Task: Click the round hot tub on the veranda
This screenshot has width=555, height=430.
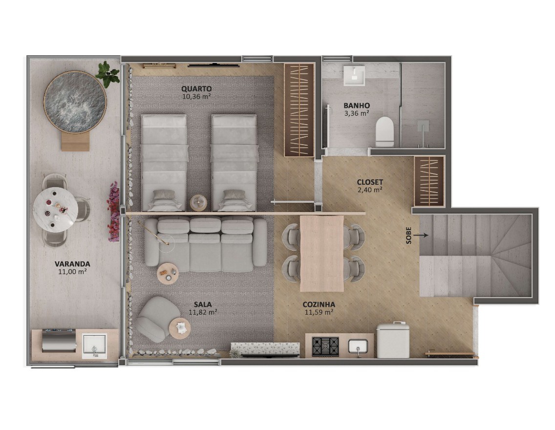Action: pyautogui.click(x=75, y=102)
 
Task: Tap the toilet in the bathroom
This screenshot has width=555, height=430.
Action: pyautogui.click(x=385, y=132)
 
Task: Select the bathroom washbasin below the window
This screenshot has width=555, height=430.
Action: pyautogui.click(x=354, y=75)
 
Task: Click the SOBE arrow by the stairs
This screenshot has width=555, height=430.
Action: pyautogui.click(x=421, y=235)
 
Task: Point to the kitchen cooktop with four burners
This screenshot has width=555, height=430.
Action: pyautogui.click(x=325, y=346)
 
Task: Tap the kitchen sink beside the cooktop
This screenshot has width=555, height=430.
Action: pyautogui.click(x=358, y=346)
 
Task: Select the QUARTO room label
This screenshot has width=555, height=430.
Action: pyautogui.click(x=196, y=88)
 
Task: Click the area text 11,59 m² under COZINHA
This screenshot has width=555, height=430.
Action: pyautogui.click(x=319, y=312)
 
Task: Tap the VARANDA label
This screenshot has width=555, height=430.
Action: pyautogui.click(x=72, y=264)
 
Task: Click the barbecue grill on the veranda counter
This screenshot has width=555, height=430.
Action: pyautogui.click(x=59, y=340)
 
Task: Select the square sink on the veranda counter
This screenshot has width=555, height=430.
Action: pyautogui.click(x=94, y=345)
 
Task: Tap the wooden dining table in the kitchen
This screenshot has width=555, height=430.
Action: pyautogui.click(x=322, y=254)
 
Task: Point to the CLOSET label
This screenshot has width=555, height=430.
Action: pyautogui.click(x=370, y=182)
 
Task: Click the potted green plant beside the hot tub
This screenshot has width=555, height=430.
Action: pyautogui.click(x=107, y=74)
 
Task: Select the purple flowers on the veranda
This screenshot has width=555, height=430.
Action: pyautogui.click(x=113, y=212)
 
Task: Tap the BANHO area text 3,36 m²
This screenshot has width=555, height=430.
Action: pyautogui.click(x=357, y=113)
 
